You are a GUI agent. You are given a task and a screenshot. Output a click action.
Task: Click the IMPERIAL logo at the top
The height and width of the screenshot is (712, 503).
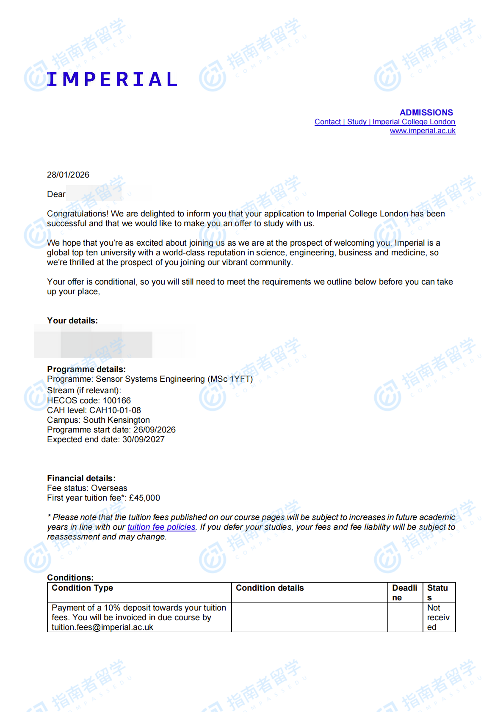(x=112, y=79)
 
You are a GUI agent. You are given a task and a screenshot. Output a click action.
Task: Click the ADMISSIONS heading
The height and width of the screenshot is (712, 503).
(x=426, y=112)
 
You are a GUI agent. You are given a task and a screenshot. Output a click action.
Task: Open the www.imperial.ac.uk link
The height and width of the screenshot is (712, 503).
(x=423, y=131)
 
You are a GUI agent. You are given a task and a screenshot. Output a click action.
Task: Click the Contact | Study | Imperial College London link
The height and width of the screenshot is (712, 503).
(x=384, y=122)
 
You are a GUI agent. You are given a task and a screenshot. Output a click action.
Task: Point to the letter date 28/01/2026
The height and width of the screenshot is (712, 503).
(x=68, y=175)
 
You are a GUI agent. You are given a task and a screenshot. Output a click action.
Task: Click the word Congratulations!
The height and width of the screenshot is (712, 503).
(x=78, y=214)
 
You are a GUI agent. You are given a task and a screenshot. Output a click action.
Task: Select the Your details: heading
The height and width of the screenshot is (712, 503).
(x=72, y=320)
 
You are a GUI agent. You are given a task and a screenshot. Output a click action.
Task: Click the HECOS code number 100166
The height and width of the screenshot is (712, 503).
(x=117, y=400)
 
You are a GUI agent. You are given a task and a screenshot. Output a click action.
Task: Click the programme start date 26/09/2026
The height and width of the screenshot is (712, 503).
(x=154, y=430)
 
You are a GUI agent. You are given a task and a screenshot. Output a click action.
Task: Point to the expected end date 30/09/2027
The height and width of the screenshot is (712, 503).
(x=143, y=439)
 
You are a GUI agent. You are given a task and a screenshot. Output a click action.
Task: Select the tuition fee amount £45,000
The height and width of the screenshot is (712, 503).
(x=144, y=498)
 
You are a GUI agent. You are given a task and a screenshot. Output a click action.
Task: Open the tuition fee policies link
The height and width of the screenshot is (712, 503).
(x=161, y=527)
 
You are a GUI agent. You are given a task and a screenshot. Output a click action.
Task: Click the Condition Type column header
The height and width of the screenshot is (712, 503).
(x=83, y=588)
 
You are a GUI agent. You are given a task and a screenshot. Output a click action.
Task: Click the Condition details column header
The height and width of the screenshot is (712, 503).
(x=270, y=588)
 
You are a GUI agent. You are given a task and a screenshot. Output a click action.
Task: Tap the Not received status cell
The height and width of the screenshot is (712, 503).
(x=438, y=617)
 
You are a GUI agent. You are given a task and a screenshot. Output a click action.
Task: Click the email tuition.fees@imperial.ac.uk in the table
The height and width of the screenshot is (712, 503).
(x=102, y=627)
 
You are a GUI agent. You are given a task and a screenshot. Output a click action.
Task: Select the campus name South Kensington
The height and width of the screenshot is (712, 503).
(x=116, y=420)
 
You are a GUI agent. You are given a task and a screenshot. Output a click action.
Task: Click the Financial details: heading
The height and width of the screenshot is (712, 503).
(x=81, y=478)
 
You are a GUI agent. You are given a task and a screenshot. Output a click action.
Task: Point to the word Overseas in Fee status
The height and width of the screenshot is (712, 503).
(x=109, y=488)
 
